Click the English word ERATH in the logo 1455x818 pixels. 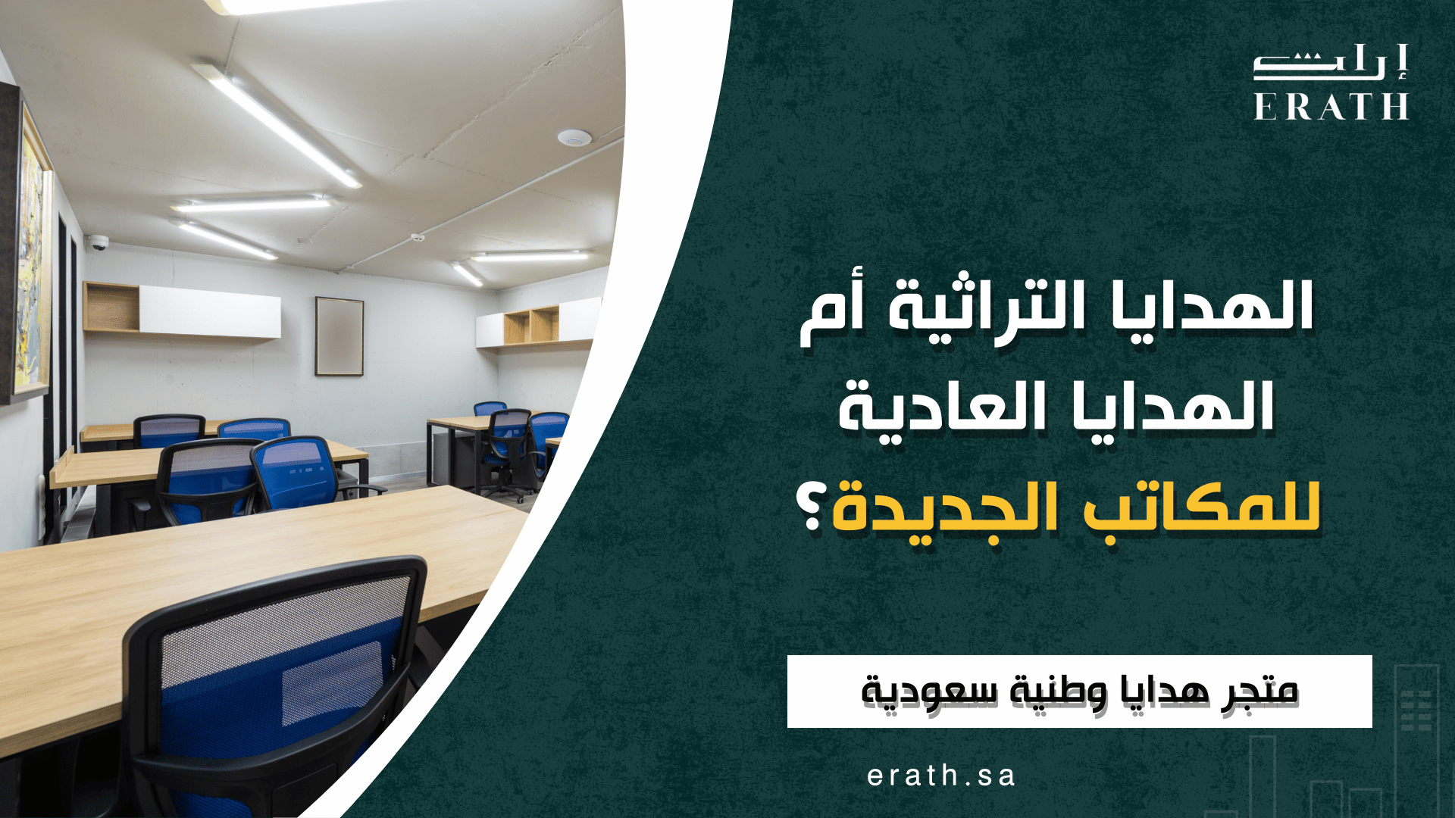(x=1331, y=107)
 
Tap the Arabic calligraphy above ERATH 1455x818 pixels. (x=1331, y=64)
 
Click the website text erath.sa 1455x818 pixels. (x=940, y=776)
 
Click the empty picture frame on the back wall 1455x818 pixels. (x=339, y=336)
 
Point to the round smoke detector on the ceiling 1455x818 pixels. (x=574, y=138)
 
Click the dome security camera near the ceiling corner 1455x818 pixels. (x=98, y=242)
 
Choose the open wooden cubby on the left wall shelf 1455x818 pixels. (x=111, y=307)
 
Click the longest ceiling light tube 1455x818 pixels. (x=277, y=125)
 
